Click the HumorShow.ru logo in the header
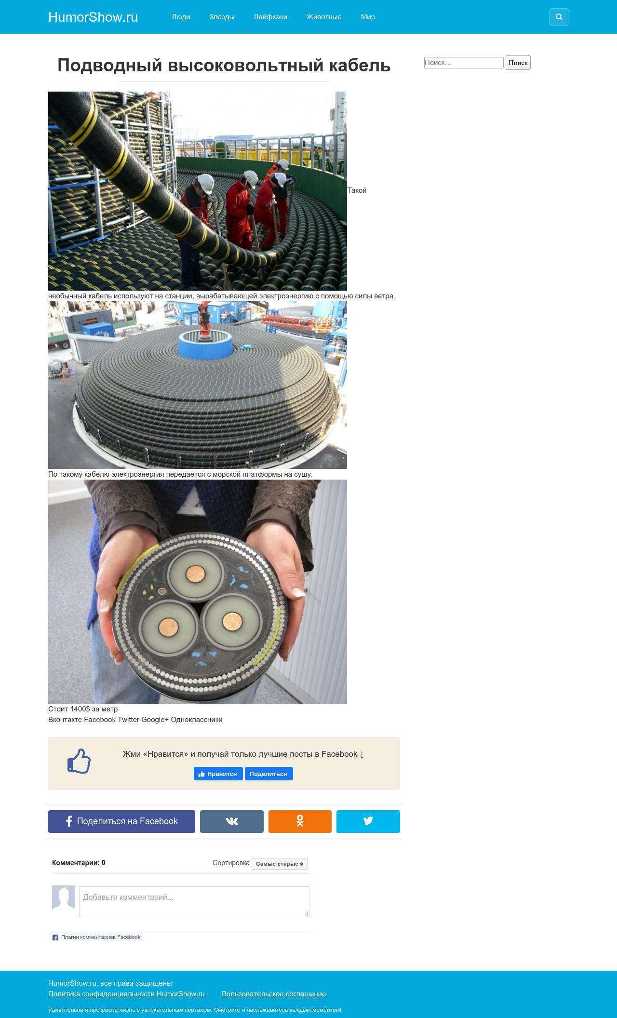tap(93, 17)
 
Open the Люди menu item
tap(181, 17)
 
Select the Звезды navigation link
tap(222, 17)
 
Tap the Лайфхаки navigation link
tap(270, 17)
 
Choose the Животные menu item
tap(324, 17)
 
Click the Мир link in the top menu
tap(368, 17)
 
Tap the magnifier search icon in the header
tap(559, 17)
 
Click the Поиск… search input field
tap(464, 63)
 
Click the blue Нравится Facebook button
tap(218, 774)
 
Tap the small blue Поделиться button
tap(268, 774)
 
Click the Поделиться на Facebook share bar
tap(121, 821)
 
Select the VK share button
tap(232, 821)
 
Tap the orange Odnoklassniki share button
tap(300, 821)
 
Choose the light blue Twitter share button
tap(368, 821)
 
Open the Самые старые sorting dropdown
tap(280, 864)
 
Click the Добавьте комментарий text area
tap(194, 901)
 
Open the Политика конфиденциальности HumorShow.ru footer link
tap(126, 994)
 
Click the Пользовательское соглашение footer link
tap(273, 994)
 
